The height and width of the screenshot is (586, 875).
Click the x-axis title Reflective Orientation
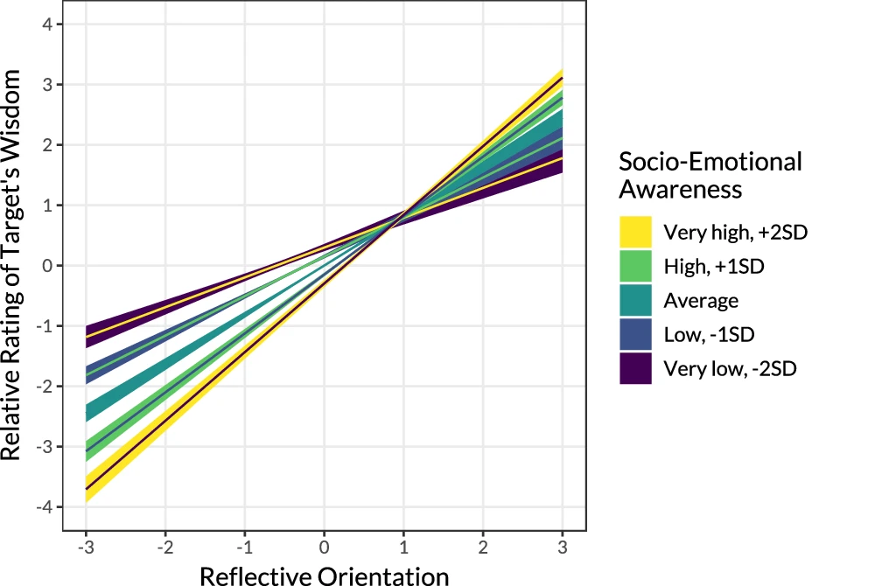point(324,575)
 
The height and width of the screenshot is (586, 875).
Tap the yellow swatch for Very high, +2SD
point(636,232)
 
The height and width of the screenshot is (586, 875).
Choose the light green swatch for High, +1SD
point(636,266)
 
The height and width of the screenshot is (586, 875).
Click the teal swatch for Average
point(636,300)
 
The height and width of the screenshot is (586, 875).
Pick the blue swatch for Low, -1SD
point(636,334)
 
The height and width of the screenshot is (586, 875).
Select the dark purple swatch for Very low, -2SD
point(636,368)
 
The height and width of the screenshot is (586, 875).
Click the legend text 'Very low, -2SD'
point(730,368)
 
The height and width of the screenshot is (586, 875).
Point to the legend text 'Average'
point(701,300)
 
